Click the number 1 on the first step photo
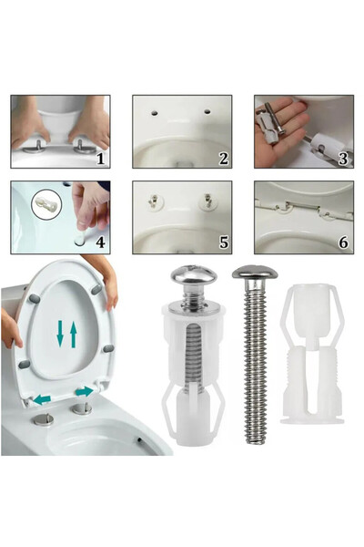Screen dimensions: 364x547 click(100, 159)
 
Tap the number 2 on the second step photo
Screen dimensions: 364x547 click(223, 159)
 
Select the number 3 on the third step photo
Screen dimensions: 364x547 click(343, 159)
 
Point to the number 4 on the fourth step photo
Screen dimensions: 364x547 click(100, 243)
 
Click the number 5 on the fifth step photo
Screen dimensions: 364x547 click(223, 243)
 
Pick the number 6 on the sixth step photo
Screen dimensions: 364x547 click(343, 243)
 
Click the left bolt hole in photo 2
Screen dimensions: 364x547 click(154, 113)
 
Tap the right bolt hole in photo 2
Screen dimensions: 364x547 click(207, 112)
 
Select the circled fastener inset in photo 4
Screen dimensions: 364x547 click(46, 204)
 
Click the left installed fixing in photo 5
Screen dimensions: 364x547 click(153, 202)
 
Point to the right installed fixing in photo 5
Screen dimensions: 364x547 click(207, 202)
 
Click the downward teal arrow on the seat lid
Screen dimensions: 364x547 click(60, 334)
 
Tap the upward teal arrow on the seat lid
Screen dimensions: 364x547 click(73, 335)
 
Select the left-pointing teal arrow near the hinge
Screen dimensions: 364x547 click(42, 398)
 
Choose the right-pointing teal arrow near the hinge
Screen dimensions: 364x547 click(85, 391)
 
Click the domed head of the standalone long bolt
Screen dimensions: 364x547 click(255, 273)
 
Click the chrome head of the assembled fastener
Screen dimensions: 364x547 click(194, 274)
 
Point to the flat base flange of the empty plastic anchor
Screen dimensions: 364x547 click(312, 420)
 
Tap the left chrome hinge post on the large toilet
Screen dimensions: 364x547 click(44, 419)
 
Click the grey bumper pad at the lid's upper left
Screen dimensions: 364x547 click(35, 298)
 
